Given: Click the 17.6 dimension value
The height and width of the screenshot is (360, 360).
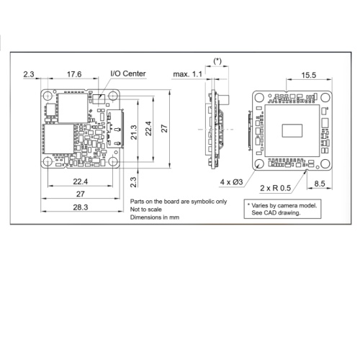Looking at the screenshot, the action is coord(74,74).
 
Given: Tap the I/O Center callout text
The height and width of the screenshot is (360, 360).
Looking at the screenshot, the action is coord(128,73).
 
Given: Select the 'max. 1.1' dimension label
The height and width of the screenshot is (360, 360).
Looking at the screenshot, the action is coord(188,74).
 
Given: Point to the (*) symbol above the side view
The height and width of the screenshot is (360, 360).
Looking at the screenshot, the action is coord(217,61).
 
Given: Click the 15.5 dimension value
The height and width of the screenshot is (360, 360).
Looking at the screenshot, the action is coord(309,75).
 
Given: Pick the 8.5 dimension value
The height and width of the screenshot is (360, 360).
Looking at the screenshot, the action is coord(320,184).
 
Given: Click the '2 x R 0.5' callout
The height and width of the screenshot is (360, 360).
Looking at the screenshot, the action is coord(275,188).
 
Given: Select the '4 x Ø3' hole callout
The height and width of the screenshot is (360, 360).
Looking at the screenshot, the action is coord(232,182).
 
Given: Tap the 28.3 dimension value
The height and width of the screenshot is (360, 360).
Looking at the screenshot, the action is coord(81,207).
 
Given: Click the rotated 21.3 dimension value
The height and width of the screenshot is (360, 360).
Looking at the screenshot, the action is coord(134,132).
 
